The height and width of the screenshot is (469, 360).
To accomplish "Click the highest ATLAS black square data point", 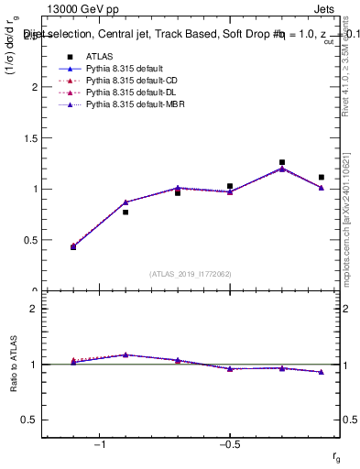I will click(x=282, y=162).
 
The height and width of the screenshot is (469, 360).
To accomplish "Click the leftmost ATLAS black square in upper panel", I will click(x=73, y=247).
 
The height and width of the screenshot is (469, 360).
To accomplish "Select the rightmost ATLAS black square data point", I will click(x=322, y=177).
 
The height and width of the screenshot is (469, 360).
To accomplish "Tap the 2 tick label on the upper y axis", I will click(x=35, y=87).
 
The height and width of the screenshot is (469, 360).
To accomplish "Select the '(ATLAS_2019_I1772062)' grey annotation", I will click(x=190, y=273).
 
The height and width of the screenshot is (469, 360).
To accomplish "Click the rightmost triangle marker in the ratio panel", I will click(x=322, y=372).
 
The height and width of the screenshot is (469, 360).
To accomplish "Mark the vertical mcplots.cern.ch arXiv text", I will click(x=349, y=183).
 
